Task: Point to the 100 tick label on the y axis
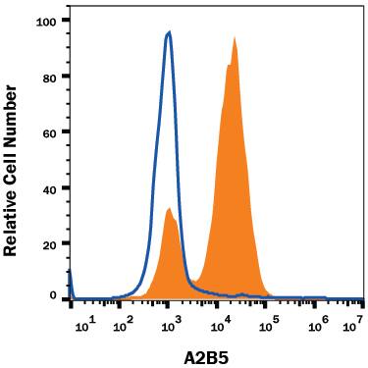[47, 20]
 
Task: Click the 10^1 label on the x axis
[83, 319]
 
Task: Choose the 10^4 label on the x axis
[223, 319]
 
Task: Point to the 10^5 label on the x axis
[270, 319]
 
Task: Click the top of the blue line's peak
[170, 32]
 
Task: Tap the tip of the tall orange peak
[236, 38]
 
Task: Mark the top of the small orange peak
[170, 208]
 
